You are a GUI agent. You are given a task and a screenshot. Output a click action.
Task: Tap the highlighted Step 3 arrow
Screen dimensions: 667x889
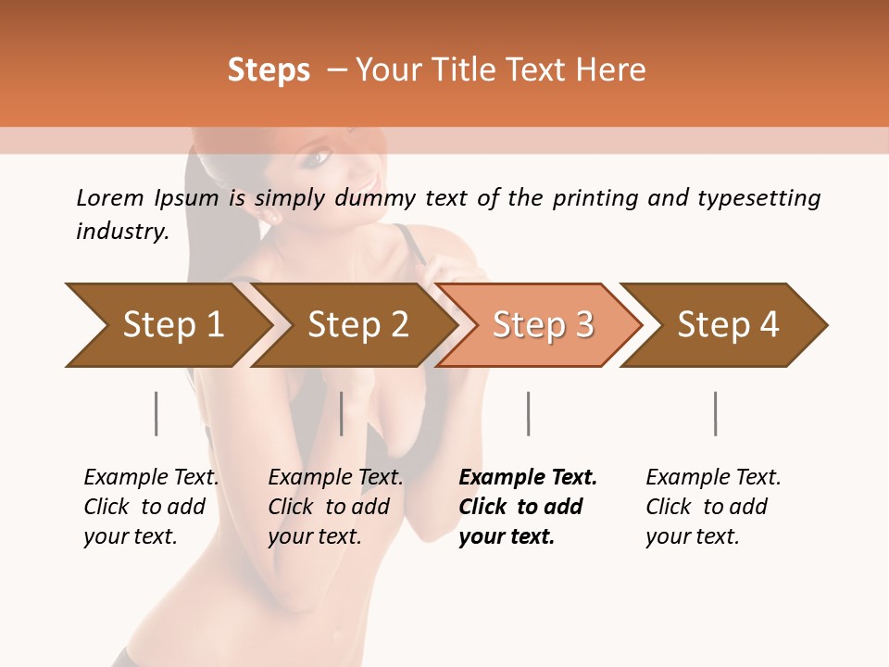543,325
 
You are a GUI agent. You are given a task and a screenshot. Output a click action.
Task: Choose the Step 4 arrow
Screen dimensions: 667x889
728,325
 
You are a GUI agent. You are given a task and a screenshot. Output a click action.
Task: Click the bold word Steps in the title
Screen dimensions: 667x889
269,70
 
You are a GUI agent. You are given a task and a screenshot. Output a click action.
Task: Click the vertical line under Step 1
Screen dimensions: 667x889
157,413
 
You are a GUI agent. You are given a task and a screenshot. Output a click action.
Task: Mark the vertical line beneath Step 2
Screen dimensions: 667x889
342,413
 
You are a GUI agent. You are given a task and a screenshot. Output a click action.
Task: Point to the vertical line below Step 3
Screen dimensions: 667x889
529,413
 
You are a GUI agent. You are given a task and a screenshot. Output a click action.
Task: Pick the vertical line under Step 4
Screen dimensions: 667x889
716,413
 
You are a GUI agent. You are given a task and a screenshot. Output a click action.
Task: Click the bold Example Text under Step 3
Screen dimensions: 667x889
528,478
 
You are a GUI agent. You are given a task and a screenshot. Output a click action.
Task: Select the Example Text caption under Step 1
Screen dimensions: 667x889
151,478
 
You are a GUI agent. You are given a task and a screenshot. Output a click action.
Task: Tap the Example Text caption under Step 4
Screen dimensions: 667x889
713,478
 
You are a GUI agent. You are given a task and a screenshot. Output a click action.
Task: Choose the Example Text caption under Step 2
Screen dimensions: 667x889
335,478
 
